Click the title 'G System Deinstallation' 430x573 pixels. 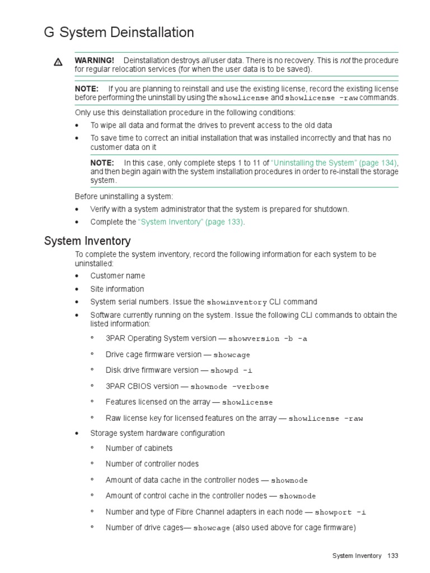click(119, 33)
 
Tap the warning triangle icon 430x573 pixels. click(58, 63)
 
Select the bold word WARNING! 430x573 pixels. click(94, 60)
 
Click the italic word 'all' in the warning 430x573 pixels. click(205, 60)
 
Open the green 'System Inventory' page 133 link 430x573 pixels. click(191, 222)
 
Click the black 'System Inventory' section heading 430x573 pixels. click(87, 241)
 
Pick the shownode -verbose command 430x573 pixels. click(230, 387)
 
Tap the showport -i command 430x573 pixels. click(340, 512)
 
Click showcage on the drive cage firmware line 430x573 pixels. click(232, 355)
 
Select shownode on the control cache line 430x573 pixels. click(297, 496)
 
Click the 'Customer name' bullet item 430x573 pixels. click(118, 276)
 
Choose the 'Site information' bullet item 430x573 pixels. click(117, 289)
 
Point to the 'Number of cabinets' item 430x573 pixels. click(139, 448)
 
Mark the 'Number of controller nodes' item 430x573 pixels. click(152, 464)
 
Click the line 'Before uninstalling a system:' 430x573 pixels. click(124, 196)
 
